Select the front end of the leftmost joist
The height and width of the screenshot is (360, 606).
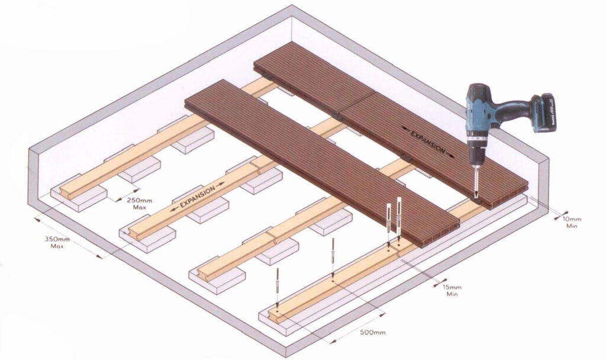[62, 192]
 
